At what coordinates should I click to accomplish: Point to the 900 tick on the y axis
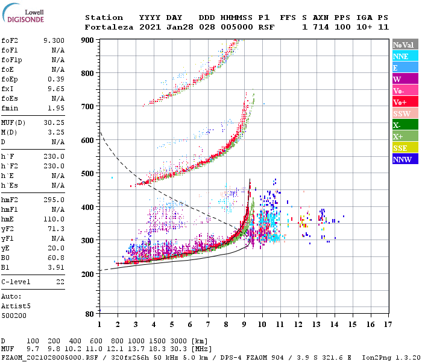[88, 40]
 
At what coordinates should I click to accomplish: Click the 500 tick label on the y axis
[88, 174]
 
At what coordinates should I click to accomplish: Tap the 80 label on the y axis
[90, 314]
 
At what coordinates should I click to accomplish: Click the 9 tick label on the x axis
[244, 325]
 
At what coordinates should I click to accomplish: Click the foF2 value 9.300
[54, 39]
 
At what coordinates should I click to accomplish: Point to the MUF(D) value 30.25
[54, 123]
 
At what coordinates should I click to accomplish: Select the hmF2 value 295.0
[54, 200]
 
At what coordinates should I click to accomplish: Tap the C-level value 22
[60, 281]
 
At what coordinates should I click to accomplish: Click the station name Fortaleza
[109, 27]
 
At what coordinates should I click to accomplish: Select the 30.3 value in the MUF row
[180, 349]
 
